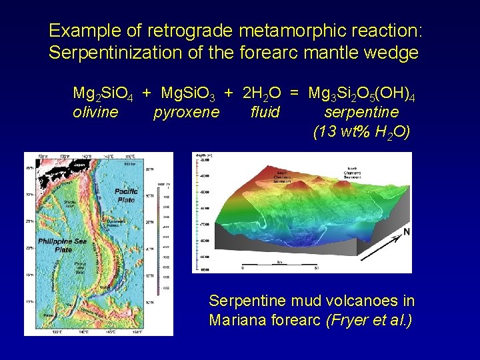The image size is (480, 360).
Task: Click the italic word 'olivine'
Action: [x=95, y=112]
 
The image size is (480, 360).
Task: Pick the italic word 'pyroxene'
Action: [x=186, y=112]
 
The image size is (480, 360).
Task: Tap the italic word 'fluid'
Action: [x=265, y=112]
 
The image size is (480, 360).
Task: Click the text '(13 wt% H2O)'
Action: [x=361, y=132]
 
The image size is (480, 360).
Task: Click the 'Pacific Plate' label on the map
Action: [x=126, y=195]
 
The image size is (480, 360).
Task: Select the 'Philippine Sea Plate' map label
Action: [x=55, y=245]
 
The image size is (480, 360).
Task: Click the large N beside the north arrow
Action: [x=407, y=233]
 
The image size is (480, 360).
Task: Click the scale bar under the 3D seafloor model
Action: [x=287, y=265]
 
